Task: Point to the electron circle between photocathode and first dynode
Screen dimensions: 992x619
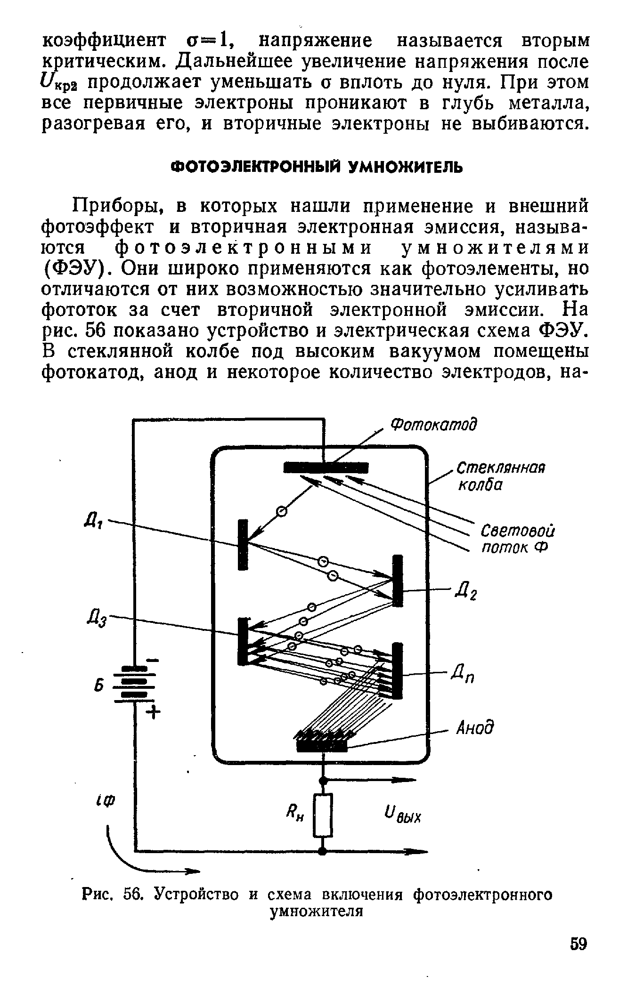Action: (281, 511)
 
